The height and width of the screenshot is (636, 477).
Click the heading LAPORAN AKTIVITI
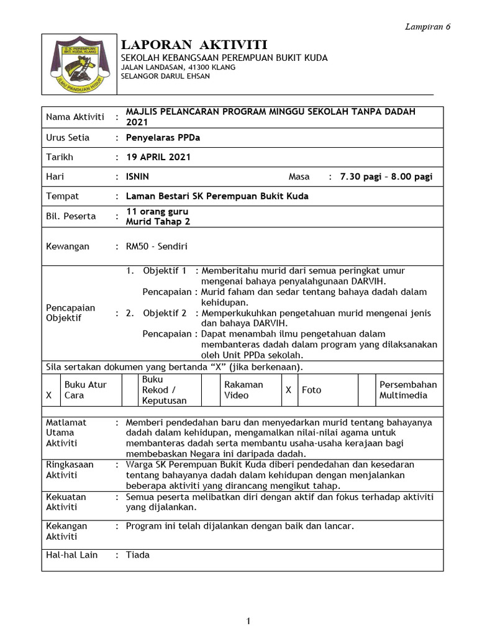(194, 45)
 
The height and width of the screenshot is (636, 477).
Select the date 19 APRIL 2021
(158, 157)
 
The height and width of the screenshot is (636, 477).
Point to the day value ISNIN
(137, 176)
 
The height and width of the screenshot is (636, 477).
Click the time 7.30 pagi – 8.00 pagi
(386, 176)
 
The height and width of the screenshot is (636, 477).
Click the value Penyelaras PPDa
(163, 138)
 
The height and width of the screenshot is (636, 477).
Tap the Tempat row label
(63, 196)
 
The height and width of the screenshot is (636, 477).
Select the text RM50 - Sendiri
(157, 246)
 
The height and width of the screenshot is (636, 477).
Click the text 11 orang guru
(157, 212)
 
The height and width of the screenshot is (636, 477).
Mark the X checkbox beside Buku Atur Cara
(50, 395)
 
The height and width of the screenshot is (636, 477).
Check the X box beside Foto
(288, 390)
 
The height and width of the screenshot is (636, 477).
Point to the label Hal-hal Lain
(72, 555)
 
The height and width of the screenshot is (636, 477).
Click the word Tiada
(138, 555)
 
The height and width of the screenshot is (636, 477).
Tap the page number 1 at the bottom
(248, 621)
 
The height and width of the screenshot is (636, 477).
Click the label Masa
(299, 176)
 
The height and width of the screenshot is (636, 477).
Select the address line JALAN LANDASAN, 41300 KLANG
(177, 67)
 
